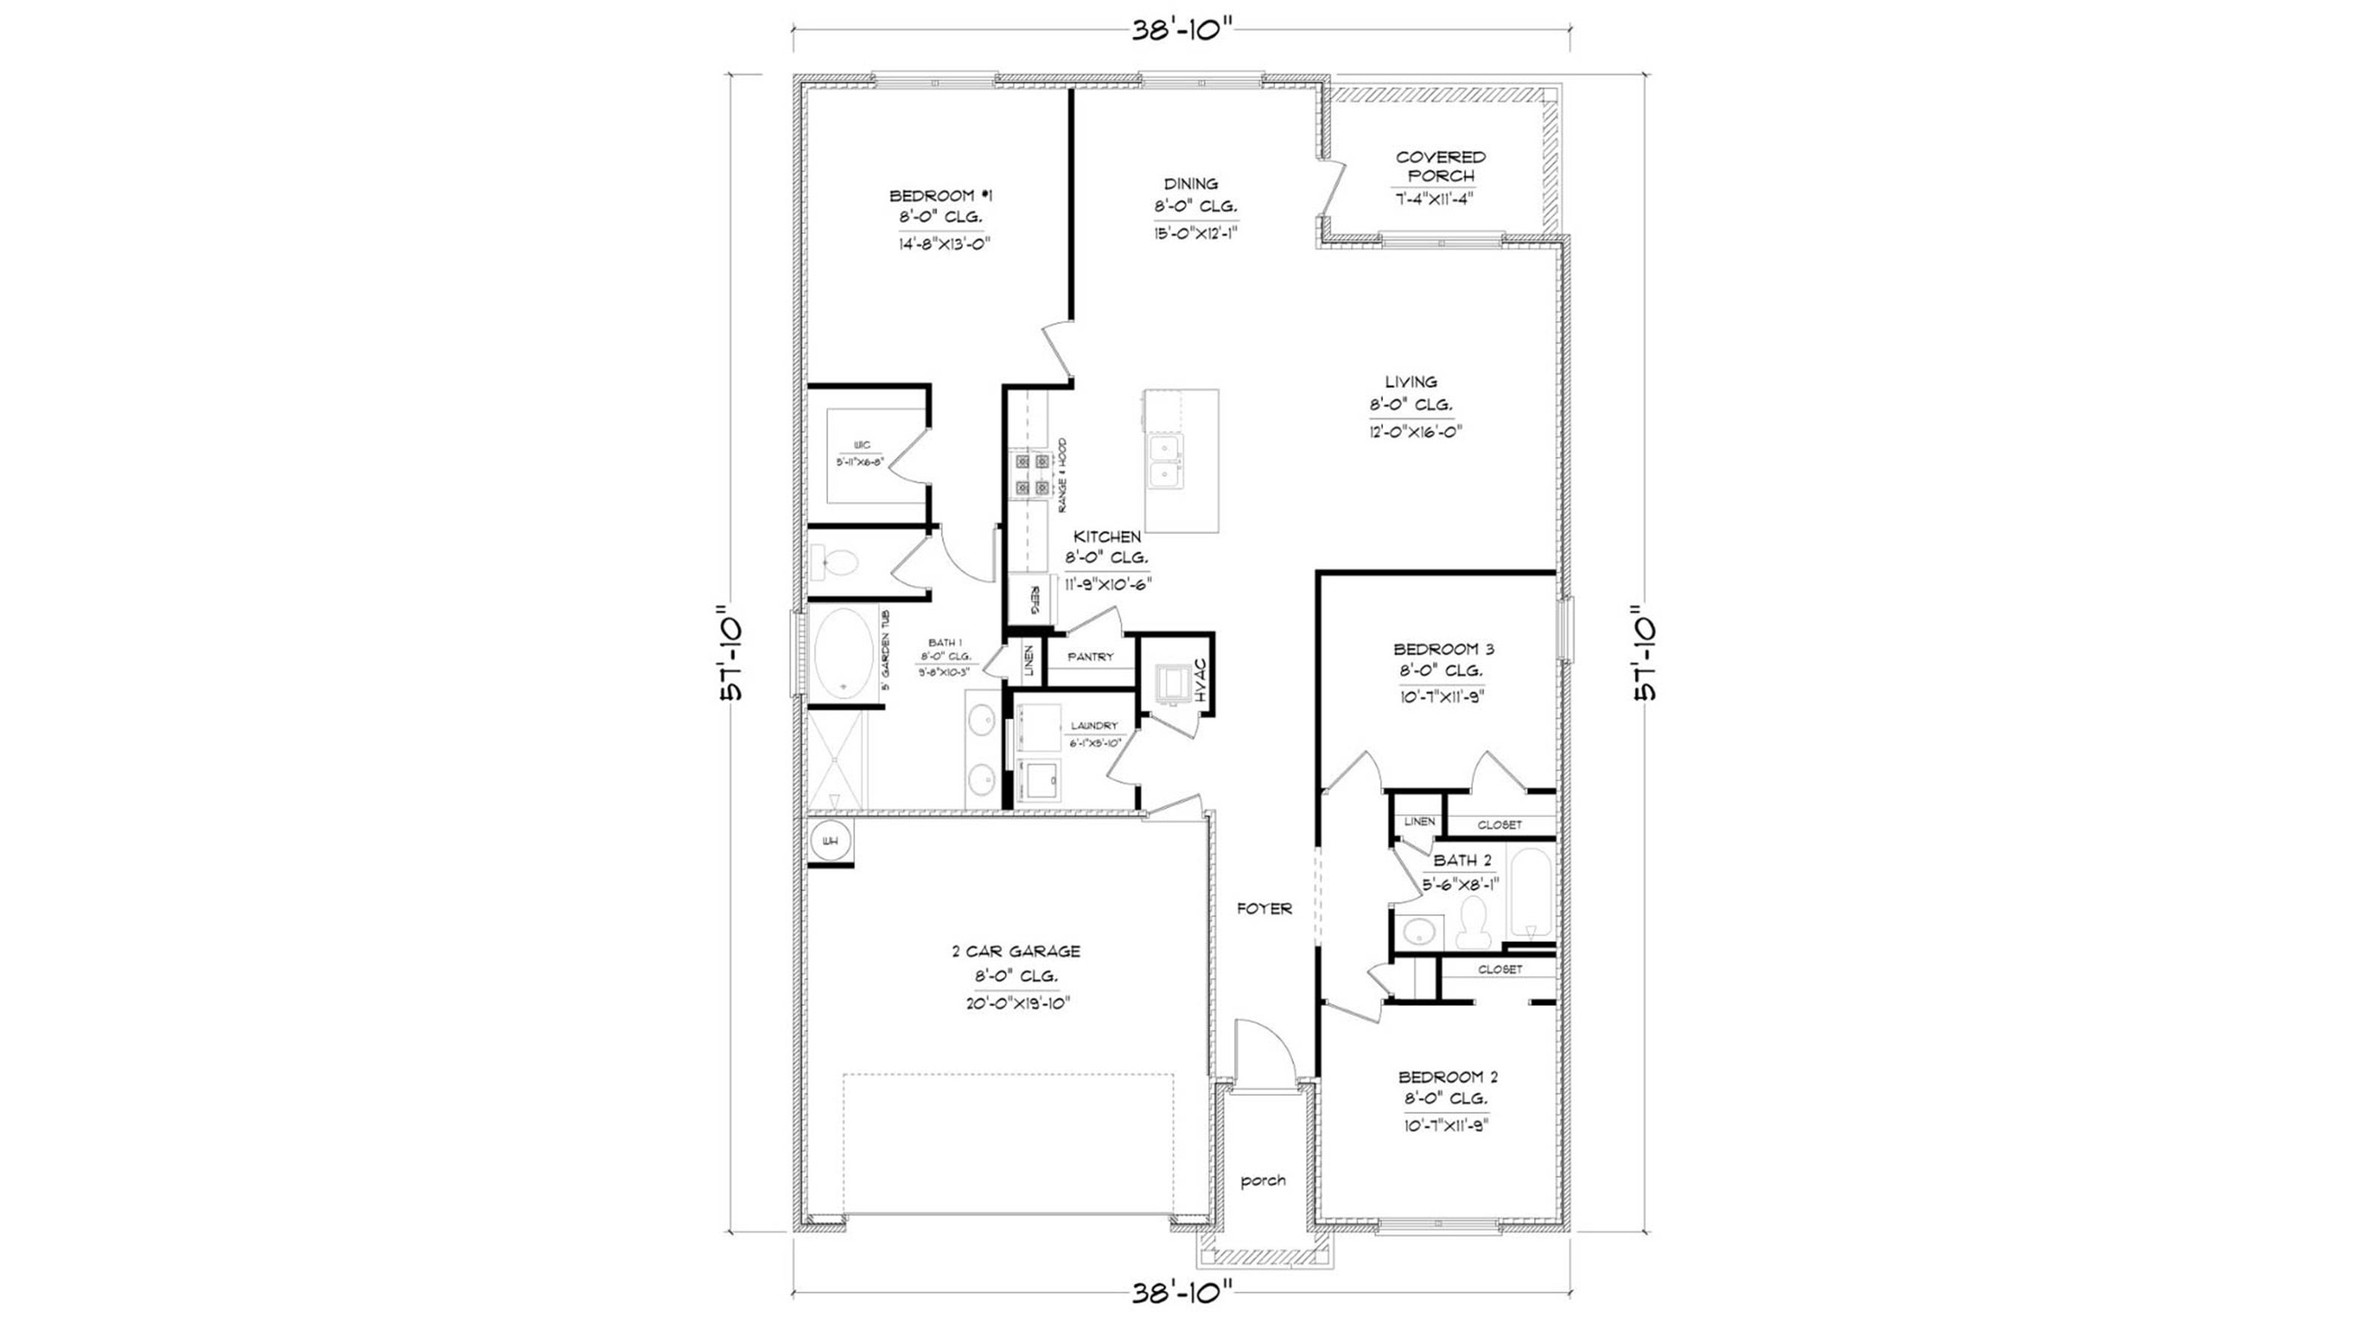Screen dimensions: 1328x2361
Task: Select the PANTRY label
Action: click(x=1091, y=657)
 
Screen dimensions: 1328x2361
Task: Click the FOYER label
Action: click(x=1265, y=909)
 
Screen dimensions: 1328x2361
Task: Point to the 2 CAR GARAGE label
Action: click(x=1015, y=952)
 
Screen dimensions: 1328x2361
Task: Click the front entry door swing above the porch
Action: click(x=1265, y=1054)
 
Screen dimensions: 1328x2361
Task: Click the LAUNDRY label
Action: click(x=1094, y=726)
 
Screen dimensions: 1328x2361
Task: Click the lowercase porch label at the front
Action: click(x=1263, y=1181)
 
